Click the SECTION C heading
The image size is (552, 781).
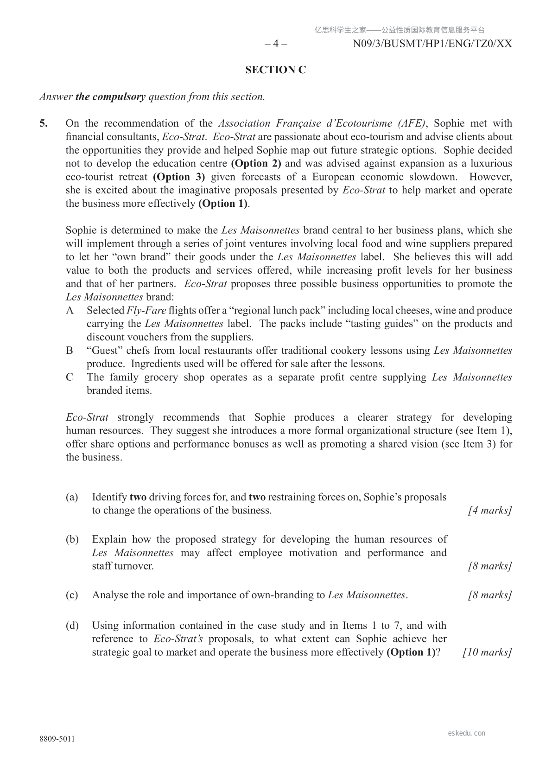(x=276, y=70)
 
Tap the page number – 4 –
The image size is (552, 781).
(x=276, y=44)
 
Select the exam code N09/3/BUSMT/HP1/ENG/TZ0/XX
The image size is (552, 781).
(x=432, y=44)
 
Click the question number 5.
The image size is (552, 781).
(x=43, y=123)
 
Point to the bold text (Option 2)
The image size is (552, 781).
(x=256, y=164)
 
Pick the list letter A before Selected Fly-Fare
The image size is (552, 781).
(x=70, y=311)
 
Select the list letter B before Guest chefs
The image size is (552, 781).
(x=70, y=351)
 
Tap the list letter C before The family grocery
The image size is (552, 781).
(x=70, y=378)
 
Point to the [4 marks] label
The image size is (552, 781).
(x=490, y=511)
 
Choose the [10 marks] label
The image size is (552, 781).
(x=487, y=653)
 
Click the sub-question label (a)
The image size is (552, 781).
(x=72, y=498)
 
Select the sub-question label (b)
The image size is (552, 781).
(x=72, y=539)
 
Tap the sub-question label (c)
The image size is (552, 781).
(x=72, y=595)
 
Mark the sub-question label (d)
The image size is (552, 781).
(x=72, y=626)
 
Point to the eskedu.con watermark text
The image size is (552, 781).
(x=467, y=733)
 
